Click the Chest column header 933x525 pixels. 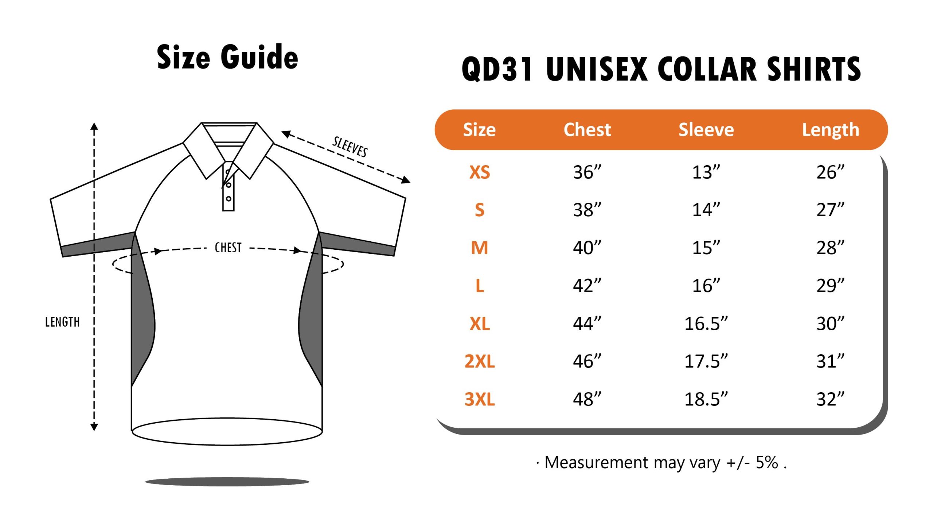(587, 129)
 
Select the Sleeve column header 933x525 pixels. (706, 129)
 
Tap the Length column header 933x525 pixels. (831, 130)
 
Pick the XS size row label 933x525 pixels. (480, 172)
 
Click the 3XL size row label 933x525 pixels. (480, 399)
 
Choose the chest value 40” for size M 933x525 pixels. (587, 248)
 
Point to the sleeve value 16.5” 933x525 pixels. (706, 323)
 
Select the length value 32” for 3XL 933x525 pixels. (831, 399)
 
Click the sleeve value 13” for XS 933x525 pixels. (706, 172)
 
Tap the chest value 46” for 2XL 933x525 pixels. (587, 361)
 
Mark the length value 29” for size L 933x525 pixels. (831, 285)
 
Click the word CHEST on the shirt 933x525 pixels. (228, 248)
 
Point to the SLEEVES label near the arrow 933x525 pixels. (350, 147)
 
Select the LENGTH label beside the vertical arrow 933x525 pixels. (62, 322)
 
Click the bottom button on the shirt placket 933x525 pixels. (229, 199)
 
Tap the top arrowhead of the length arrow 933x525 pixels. (94, 126)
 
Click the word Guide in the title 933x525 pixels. (259, 57)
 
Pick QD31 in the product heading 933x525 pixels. (497, 69)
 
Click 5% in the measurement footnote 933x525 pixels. (767, 462)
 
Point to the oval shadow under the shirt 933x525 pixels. (227, 482)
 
